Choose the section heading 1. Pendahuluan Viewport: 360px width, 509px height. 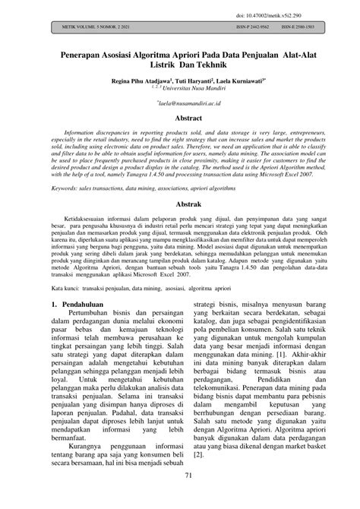pos(81,285)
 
